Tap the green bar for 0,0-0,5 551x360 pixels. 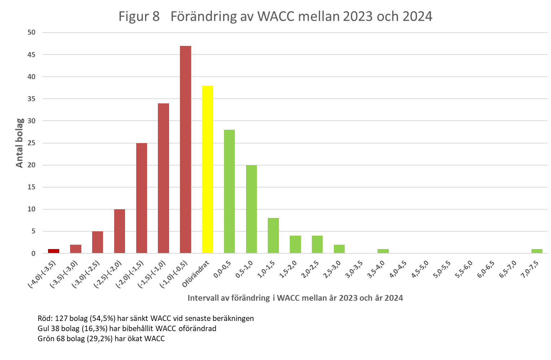point(229,191)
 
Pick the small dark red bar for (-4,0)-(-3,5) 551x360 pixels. point(53,251)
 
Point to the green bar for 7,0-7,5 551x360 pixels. point(537,251)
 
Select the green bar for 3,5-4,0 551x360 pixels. point(383,251)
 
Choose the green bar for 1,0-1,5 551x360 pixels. point(273,235)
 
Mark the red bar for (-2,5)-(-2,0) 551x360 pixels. point(120,231)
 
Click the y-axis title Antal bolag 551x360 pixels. point(20,143)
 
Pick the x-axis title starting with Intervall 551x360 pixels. point(295,298)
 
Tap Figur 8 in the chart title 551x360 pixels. point(139,17)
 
